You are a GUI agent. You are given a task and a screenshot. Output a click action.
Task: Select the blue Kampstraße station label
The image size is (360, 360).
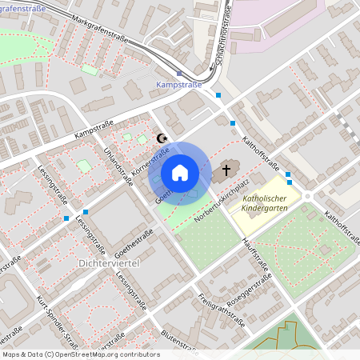[178, 83]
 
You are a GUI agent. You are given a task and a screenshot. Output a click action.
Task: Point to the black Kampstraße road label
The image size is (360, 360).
[94, 128]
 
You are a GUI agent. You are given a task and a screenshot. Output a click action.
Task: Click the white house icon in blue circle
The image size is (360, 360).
[179, 173]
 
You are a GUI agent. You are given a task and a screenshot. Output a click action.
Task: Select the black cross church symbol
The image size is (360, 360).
[226, 170]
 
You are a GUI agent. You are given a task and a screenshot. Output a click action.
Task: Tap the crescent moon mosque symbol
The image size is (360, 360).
[163, 138]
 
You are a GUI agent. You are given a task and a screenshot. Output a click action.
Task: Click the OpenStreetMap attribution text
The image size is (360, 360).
[80, 354]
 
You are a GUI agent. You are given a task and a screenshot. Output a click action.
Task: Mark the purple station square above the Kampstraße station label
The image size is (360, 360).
[178, 73]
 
